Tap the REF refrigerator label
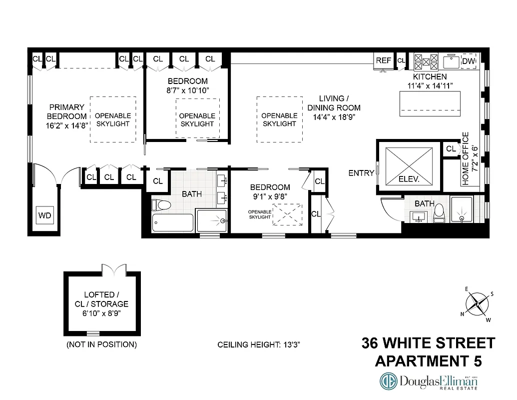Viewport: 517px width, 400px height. [x=383, y=60]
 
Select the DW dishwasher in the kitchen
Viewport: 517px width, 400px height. [x=468, y=61]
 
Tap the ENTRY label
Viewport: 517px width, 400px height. [x=361, y=173]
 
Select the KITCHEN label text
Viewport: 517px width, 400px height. [x=430, y=77]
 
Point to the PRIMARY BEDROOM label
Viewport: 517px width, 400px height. [x=66, y=116]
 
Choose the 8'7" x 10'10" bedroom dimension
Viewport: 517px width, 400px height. [x=187, y=90]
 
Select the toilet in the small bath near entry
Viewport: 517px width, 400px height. [x=439, y=212]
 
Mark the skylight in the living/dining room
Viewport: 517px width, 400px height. [x=280, y=119]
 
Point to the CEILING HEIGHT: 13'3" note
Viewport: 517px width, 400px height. [x=258, y=345]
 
